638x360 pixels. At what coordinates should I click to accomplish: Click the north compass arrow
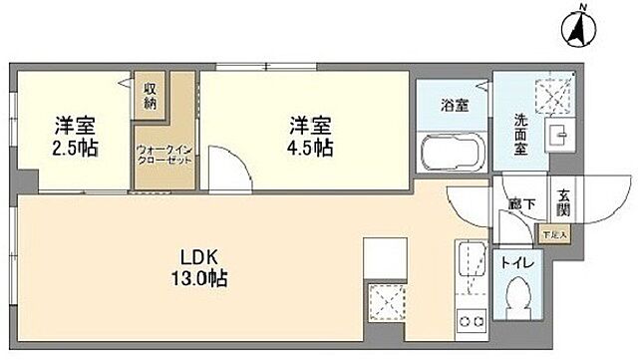click(x=577, y=29)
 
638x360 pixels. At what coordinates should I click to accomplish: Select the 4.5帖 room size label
click(x=309, y=147)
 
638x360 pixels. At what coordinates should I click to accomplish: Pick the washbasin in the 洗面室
click(x=559, y=137)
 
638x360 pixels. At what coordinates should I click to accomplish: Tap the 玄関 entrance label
click(x=562, y=203)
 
